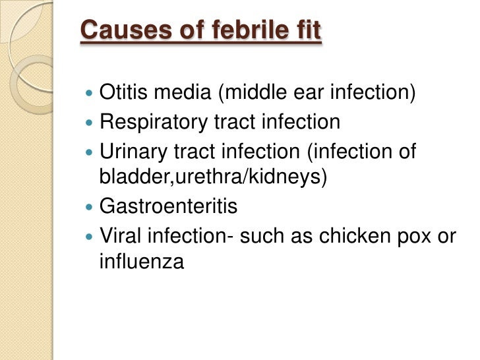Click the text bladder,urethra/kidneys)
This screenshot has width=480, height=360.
pyautogui.click(x=213, y=179)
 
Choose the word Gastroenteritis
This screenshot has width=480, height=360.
pyautogui.click(x=168, y=207)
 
